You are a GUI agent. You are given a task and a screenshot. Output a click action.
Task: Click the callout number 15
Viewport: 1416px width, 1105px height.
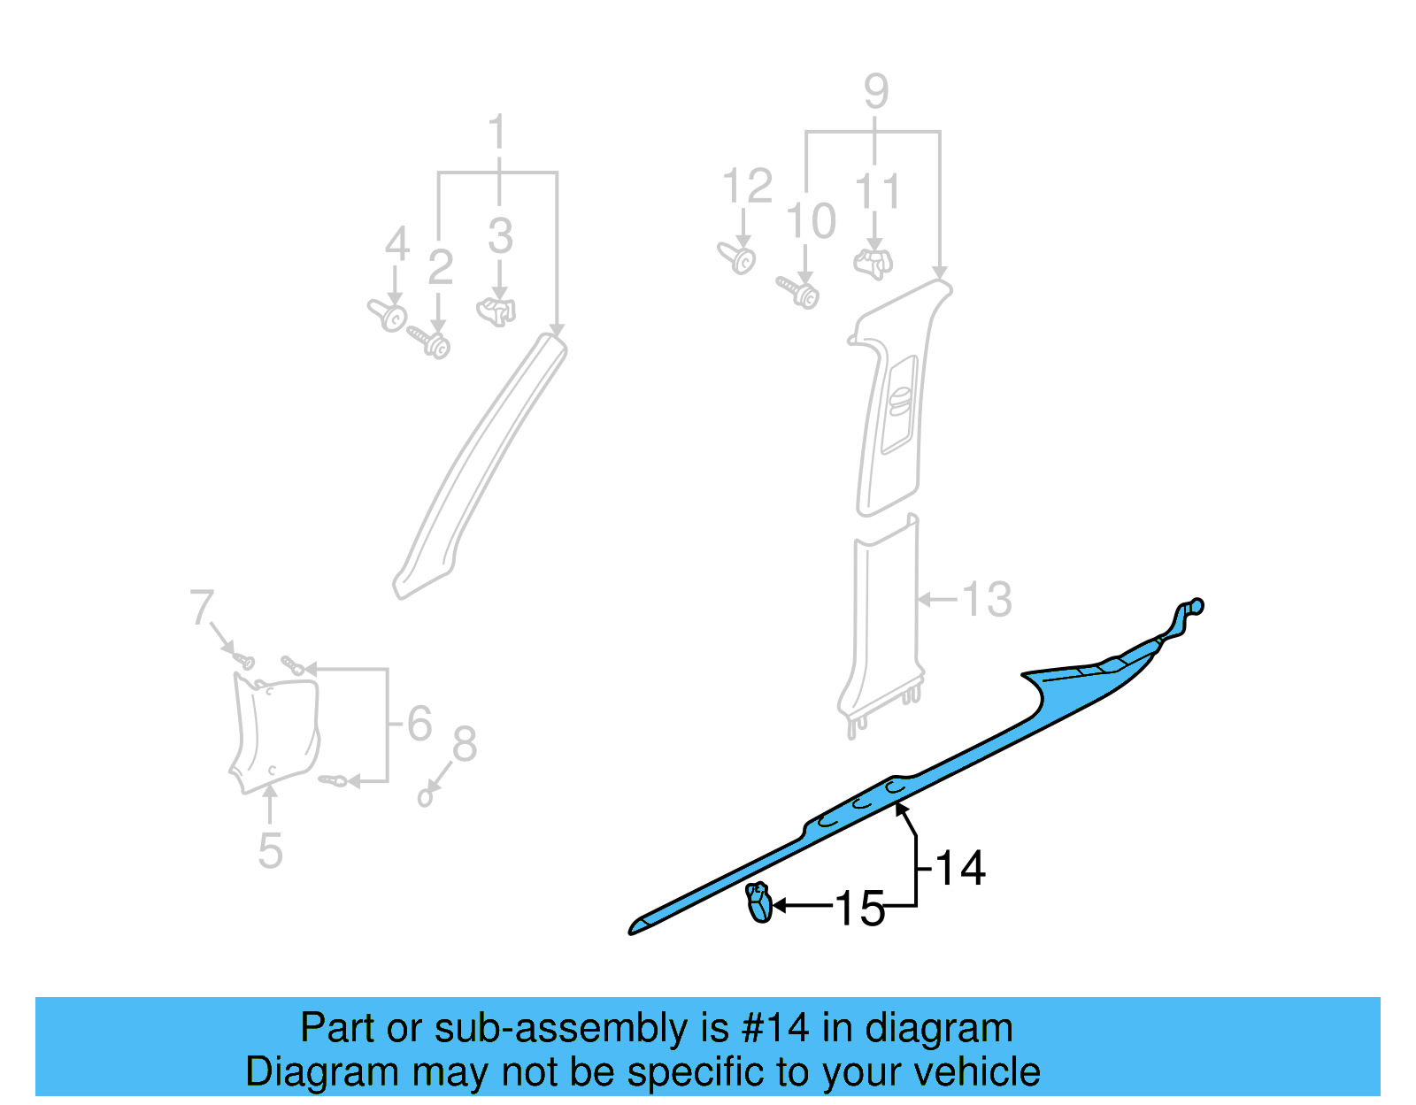tap(859, 909)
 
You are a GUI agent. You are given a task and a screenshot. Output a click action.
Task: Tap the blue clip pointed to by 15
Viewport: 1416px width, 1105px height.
tap(759, 903)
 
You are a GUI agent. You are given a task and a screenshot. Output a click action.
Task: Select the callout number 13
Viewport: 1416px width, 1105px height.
tap(986, 600)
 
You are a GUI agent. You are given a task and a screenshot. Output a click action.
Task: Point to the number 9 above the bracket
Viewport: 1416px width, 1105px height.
tap(875, 92)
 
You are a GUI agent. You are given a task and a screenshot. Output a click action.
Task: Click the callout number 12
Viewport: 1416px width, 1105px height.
tap(747, 187)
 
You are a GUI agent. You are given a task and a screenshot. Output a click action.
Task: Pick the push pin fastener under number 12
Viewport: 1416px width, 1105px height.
tap(737, 258)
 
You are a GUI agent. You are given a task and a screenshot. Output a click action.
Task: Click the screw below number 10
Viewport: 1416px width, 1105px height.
tap(799, 292)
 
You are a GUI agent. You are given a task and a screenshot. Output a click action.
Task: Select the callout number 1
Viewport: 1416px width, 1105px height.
tap(497, 133)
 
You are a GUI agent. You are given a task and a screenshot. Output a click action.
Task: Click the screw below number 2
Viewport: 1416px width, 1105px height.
tap(430, 341)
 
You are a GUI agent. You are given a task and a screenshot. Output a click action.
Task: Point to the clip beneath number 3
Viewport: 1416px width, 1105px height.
tap(497, 311)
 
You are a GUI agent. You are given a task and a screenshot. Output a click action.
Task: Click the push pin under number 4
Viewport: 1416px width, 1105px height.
tap(388, 314)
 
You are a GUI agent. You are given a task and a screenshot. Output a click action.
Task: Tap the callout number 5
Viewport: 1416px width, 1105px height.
tap(271, 851)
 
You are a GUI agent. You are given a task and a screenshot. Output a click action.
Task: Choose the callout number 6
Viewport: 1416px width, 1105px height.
tap(419, 724)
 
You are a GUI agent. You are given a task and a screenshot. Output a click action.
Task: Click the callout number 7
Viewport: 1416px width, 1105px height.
tap(202, 609)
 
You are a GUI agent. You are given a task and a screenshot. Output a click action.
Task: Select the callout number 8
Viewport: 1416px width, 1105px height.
tap(465, 744)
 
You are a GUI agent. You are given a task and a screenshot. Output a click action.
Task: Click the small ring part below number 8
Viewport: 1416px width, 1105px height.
tap(425, 798)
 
